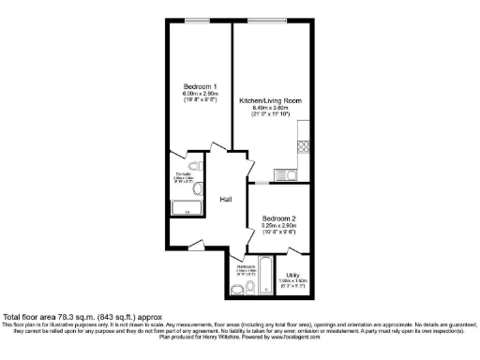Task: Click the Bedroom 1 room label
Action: (x=199, y=87)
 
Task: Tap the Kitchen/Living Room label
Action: (x=266, y=101)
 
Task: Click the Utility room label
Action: (x=292, y=274)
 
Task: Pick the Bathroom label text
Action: (x=247, y=267)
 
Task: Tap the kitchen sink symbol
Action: (x=288, y=172)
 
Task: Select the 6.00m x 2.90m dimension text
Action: (x=200, y=94)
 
